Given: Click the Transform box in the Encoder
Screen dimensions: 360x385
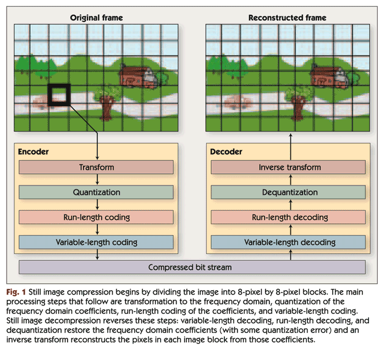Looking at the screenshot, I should (97, 167).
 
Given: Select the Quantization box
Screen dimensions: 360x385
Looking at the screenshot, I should (97, 192).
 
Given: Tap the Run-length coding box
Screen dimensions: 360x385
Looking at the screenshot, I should (97, 217).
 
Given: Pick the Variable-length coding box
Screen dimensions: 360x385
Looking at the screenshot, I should (97, 242).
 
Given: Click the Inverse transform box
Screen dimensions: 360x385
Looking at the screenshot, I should (289, 167).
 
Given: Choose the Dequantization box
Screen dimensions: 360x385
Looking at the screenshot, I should (289, 192).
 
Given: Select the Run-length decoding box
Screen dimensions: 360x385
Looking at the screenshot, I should (289, 217).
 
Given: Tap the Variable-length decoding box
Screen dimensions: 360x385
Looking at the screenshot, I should (289, 242).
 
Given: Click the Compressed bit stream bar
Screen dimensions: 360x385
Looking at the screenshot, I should (192, 268).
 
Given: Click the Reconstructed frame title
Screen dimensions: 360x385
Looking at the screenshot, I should (287, 18).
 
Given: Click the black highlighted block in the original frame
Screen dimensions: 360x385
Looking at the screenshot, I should (59, 95).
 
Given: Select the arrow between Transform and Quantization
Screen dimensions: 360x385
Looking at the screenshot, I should (97, 179).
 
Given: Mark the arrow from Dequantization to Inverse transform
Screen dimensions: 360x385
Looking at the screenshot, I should (289, 179).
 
